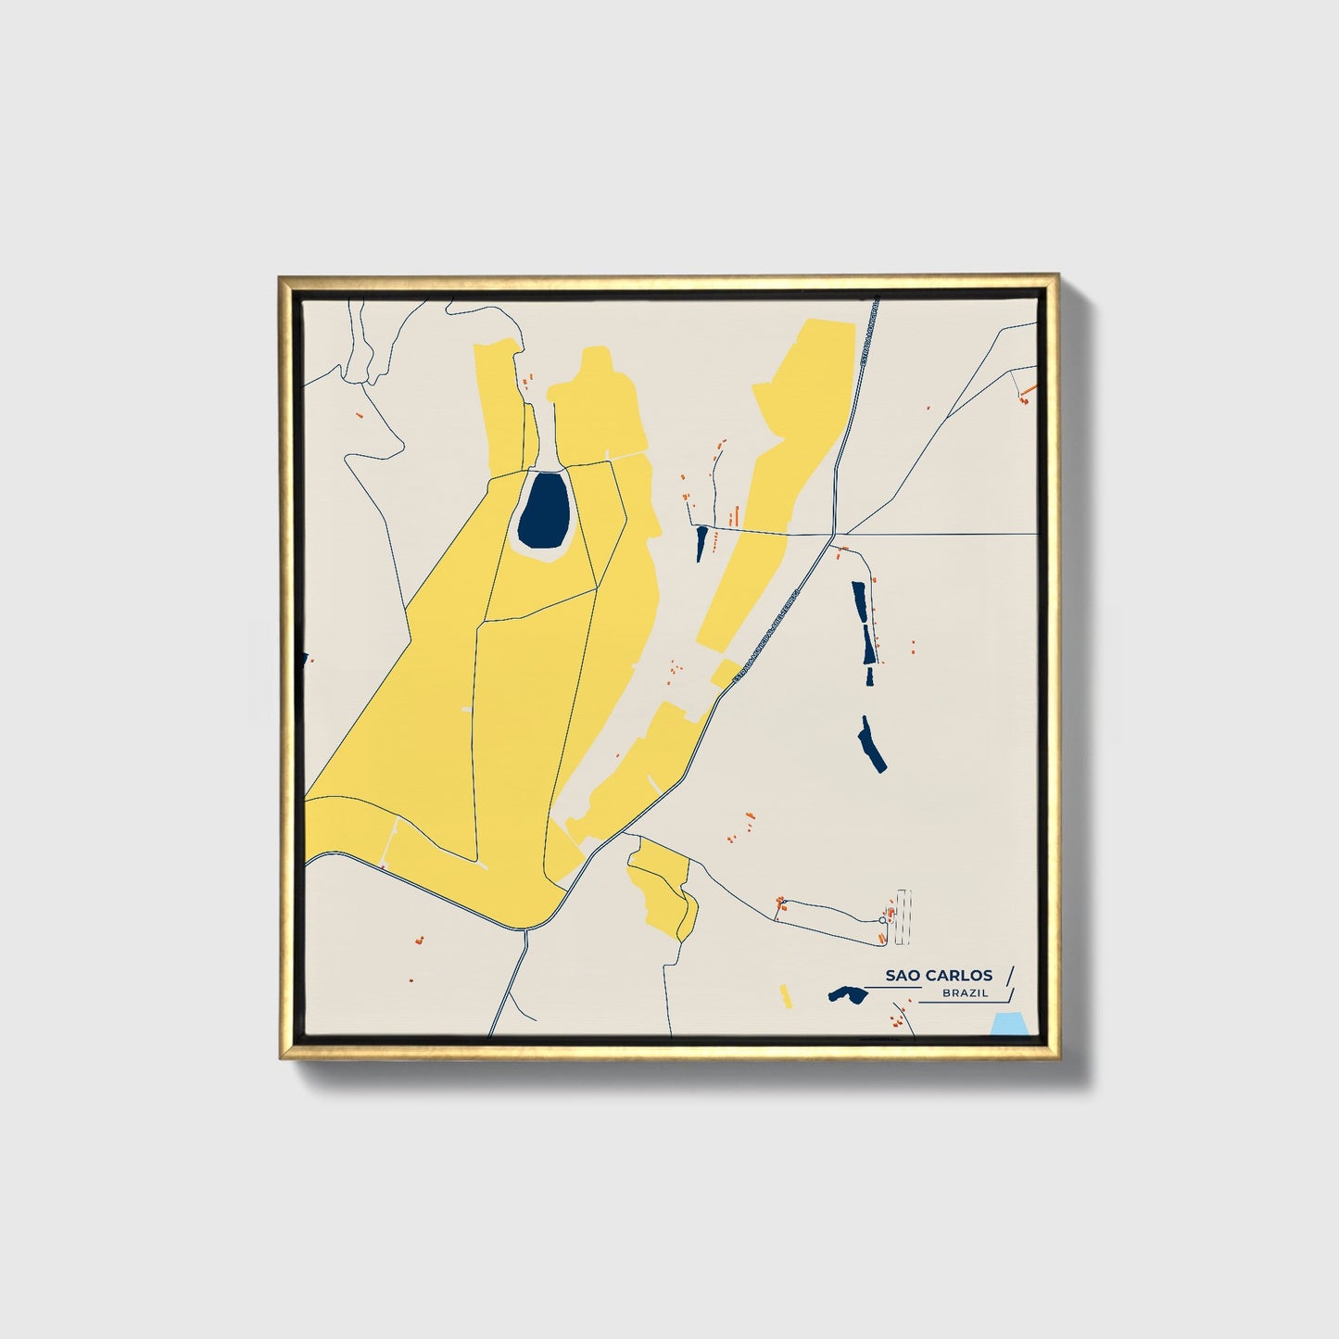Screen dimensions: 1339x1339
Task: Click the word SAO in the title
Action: (902, 975)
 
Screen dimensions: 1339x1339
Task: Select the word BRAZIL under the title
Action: (964, 993)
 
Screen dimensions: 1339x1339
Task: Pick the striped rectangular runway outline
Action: (903, 916)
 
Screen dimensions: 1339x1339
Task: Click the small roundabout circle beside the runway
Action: (882, 920)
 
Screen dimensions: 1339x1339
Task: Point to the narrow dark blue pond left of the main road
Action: (701, 542)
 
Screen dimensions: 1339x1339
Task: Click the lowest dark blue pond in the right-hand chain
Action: (870, 744)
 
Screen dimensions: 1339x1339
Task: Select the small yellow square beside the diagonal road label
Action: (725, 672)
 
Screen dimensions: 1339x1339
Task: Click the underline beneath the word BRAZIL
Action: (964, 1003)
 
